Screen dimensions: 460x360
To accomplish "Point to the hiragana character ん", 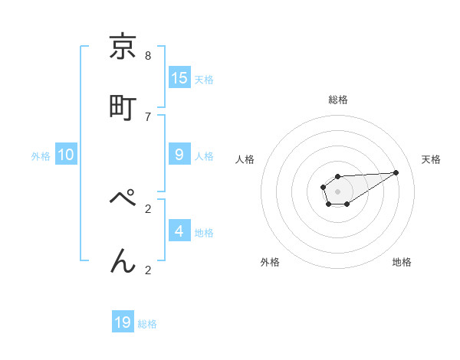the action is (x=123, y=261).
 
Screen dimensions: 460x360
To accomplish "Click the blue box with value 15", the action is (x=179, y=78).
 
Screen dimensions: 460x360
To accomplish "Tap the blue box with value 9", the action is (x=179, y=155).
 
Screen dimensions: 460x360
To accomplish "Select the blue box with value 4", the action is (x=179, y=231).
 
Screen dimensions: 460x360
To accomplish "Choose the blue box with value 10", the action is (x=66, y=155).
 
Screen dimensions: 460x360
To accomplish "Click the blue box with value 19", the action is (x=123, y=322).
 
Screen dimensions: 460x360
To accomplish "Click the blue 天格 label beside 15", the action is (x=204, y=80).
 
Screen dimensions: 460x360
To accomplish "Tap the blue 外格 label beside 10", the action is (x=41, y=156).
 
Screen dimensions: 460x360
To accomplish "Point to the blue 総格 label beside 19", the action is (x=147, y=324).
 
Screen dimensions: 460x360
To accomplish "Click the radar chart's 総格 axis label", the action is (x=337, y=100).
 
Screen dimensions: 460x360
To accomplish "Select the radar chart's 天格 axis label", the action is (x=431, y=159).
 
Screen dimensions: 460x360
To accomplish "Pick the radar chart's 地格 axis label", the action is (x=402, y=262).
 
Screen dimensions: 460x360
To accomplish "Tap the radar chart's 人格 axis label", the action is (x=245, y=159).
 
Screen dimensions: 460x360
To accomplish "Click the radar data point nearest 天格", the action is (x=396, y=172).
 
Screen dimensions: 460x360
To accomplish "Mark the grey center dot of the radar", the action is (x=337, y=191).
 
